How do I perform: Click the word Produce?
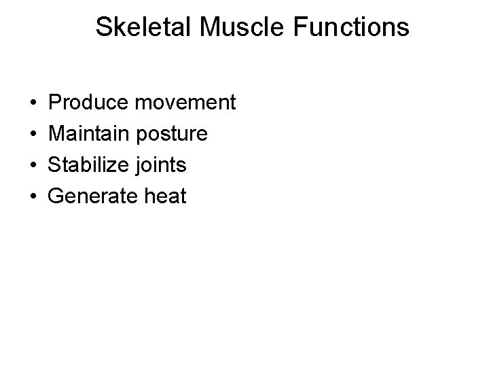[x=90, y=103]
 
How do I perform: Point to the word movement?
[x=185, y=103]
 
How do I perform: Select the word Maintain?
[x=90, y=135]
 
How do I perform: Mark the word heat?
[x=165, y=197]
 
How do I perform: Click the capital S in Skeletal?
[x=104, y=27]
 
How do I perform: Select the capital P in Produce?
[x=56, y=103]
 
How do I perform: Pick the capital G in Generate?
[x=57, y=197]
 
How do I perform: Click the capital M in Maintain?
[x=58, y=135]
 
